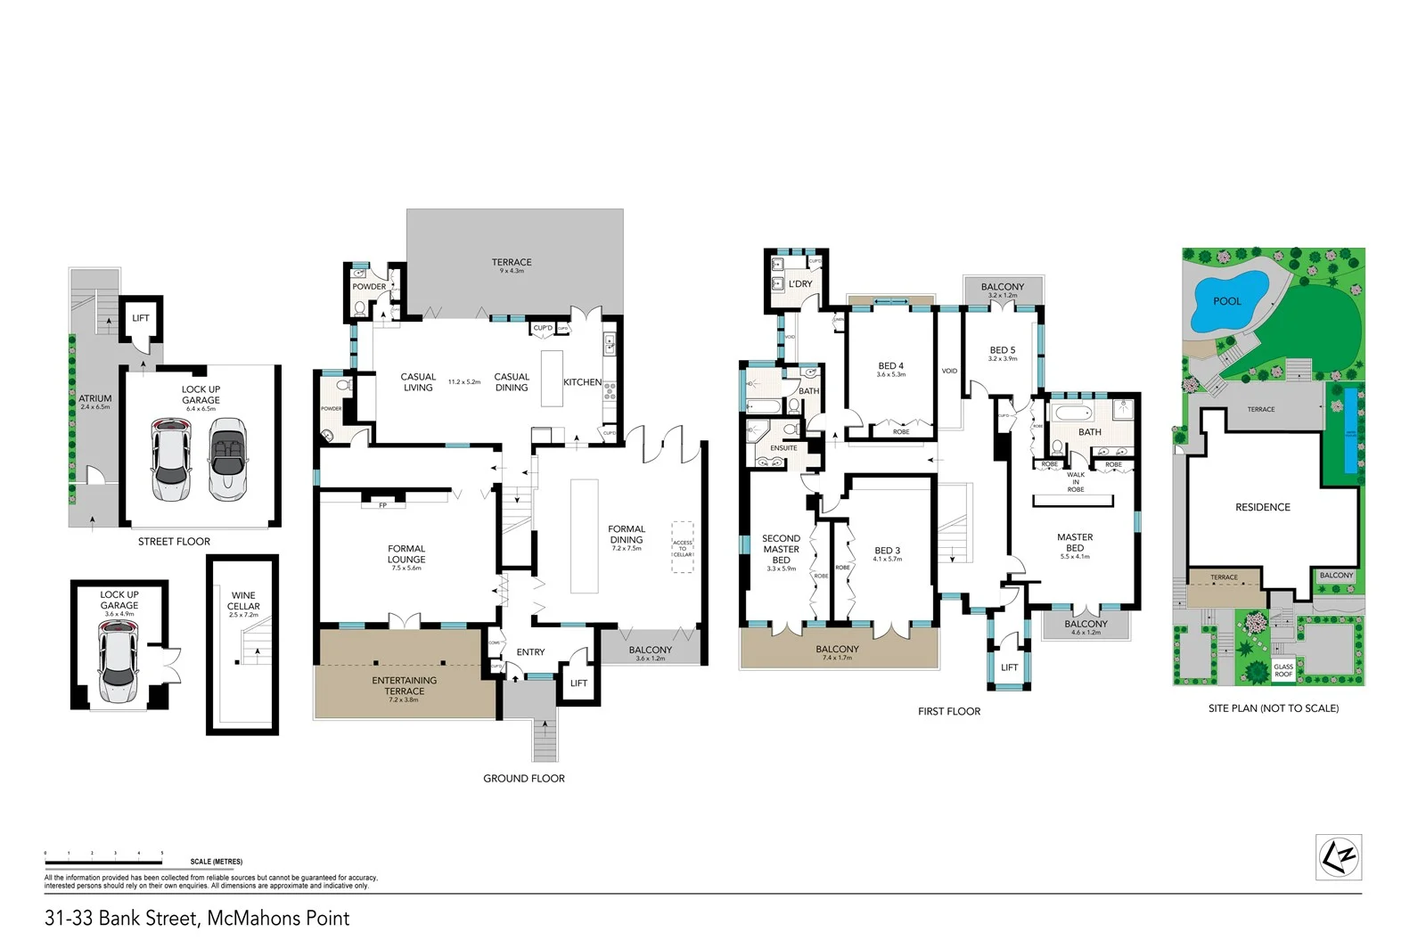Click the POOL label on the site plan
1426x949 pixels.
tap(1226, 301)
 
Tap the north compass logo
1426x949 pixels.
tap(1339, 857)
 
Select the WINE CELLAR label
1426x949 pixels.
tap(243, 601)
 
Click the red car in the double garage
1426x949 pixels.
tap(170, 460)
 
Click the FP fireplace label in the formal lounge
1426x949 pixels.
tap(383, 505)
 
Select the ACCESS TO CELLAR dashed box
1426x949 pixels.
tap(683, 548)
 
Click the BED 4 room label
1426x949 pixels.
tap(890, 366)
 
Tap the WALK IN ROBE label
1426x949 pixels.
tap(1076, 482)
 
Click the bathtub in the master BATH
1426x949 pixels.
tap(1069, 414)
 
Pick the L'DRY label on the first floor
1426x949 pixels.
tap(800, 284)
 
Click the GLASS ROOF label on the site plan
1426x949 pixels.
tap(1283, 670)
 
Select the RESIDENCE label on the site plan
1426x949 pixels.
tap(1262, 507)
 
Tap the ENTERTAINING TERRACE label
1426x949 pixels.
tap(405, 685)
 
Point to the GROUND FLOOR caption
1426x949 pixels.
tap(524, 778)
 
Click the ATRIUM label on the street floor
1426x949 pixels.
tap(95, 398)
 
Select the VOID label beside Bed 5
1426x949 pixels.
tap(949, 371)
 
